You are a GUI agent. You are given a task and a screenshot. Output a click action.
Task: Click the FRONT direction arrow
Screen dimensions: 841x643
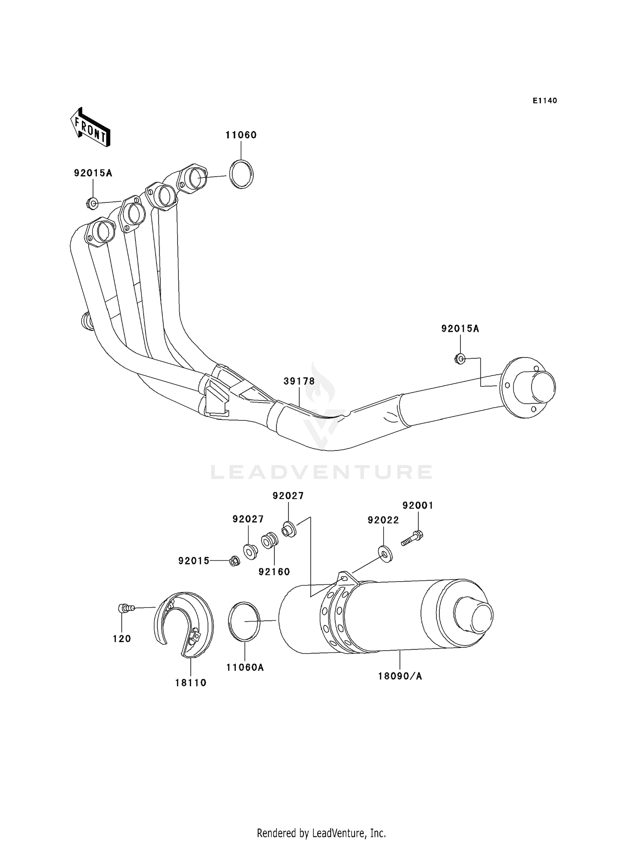tap(90, 127)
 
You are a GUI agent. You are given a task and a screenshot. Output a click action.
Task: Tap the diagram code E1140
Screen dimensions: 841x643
tap(544, 101)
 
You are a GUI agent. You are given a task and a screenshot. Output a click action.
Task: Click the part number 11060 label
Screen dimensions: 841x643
tap(241, 135)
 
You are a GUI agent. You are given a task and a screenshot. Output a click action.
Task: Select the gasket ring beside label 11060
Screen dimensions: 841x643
tap(241, 174)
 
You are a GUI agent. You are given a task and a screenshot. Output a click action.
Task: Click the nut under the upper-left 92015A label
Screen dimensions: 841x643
tap(92, 203)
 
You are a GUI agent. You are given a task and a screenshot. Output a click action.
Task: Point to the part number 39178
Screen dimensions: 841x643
tap(299, 381)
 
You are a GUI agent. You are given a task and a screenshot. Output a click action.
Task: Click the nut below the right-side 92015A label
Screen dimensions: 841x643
tap(460, 359)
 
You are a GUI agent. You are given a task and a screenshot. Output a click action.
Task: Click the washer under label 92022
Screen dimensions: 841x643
tap(385, 555)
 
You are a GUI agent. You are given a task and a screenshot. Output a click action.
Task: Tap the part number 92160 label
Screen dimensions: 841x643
tap(274, 572)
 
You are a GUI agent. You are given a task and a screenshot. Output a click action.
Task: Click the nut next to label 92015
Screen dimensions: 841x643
tap(234, 561)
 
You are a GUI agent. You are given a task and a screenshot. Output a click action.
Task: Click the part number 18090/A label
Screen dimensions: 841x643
tap(400, 676)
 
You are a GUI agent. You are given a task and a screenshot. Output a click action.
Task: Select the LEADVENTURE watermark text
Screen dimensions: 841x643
tap(321, 472)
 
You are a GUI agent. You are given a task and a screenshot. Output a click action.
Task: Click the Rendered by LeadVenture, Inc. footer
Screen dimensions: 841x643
tap(321, 833)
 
